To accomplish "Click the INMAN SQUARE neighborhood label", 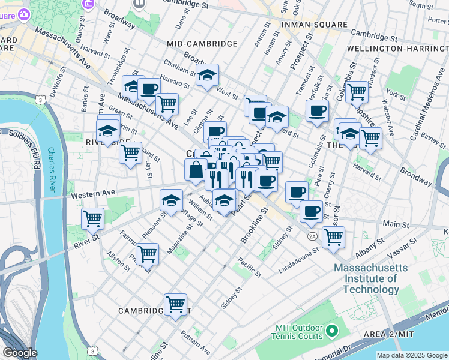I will point(315,25).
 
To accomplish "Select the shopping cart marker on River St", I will point(92,219).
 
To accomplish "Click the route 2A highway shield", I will point(313,236).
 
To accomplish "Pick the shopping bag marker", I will point(196,170).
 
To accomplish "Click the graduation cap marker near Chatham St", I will point(208,76).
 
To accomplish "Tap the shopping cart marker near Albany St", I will point(333,236).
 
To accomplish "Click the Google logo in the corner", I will point(20,352).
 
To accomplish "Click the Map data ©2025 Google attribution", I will point(411,355).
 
